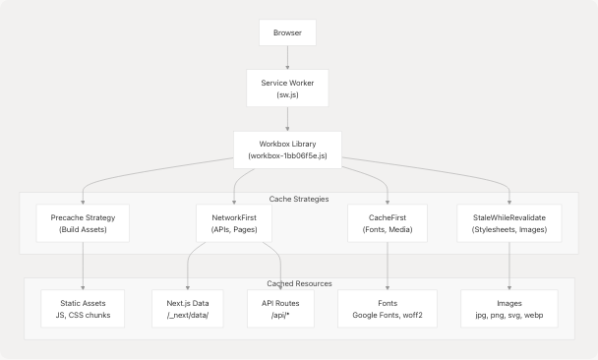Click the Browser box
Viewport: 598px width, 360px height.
click(x=287, y=33)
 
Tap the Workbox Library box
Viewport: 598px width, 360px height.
click(x=287, y=150)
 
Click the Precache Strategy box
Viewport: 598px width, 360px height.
click(x=83, y=223)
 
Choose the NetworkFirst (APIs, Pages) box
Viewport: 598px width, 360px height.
click(x=234, y=223)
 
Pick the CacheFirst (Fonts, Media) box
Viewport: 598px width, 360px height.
click(x=387, y=223)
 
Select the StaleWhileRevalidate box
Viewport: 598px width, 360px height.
click(x=509, y=223)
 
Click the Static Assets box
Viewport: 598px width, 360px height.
click(x=83, y=309)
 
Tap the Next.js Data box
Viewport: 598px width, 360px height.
click(x=188, y=309)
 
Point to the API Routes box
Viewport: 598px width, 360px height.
click(x=280, y=309)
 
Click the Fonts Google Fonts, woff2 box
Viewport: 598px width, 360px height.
click(x=387, y=309)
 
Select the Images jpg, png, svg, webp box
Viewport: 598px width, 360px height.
click(x=509, y=309)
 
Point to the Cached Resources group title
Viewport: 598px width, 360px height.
click(x=298, y=284)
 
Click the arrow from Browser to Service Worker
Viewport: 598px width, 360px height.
click(x=287, y=58)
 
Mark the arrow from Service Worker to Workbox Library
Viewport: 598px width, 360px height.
click(x=287, y=118)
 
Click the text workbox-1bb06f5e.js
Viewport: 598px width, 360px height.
click(x=287, y=156)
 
